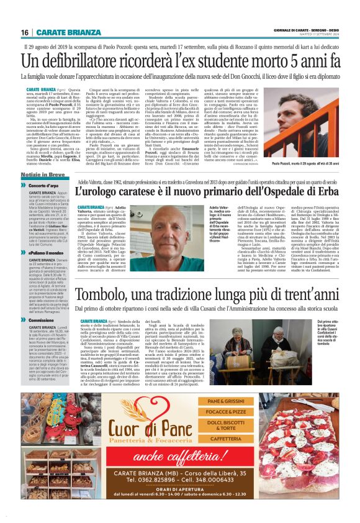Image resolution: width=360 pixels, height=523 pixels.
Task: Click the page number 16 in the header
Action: click(25, 32)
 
